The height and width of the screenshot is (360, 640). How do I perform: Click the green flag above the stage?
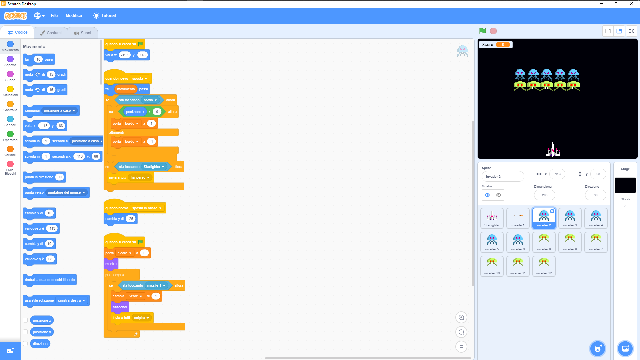(x=482, y=31)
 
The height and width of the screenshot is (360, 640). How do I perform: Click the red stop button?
(x=493, y=31)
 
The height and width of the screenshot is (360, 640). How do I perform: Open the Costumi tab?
(x=51, y=33)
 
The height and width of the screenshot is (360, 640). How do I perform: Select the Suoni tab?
(x=83, y=33)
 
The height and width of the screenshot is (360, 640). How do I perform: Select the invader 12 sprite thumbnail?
(x=544, y=266)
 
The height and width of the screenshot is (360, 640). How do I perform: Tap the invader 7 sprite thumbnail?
(x=596, y=242)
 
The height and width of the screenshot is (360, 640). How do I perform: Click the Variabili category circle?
(x=10, y=149)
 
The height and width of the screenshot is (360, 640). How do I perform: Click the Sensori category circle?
(x=10, y=119)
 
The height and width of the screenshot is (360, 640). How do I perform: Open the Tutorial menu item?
(x=105, y=16)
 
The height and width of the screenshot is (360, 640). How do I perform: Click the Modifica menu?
(x=74, y=16)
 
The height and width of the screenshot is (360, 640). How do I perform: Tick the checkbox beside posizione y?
(x=25, y=332)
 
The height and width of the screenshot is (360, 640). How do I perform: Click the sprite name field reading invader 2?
(x=503, y=177)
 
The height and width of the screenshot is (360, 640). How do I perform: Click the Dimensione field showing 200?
(x=544, y=195)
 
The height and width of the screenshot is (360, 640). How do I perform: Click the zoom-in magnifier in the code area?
(x=461, y=318)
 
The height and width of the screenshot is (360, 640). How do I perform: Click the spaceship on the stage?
(x=553, y=150)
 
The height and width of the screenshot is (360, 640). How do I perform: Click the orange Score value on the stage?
(x=503, y=45)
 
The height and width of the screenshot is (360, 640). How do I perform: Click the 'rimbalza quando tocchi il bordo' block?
(x=50, y=280)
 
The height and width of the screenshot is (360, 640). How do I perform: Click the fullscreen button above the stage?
(x=631, y=31)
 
